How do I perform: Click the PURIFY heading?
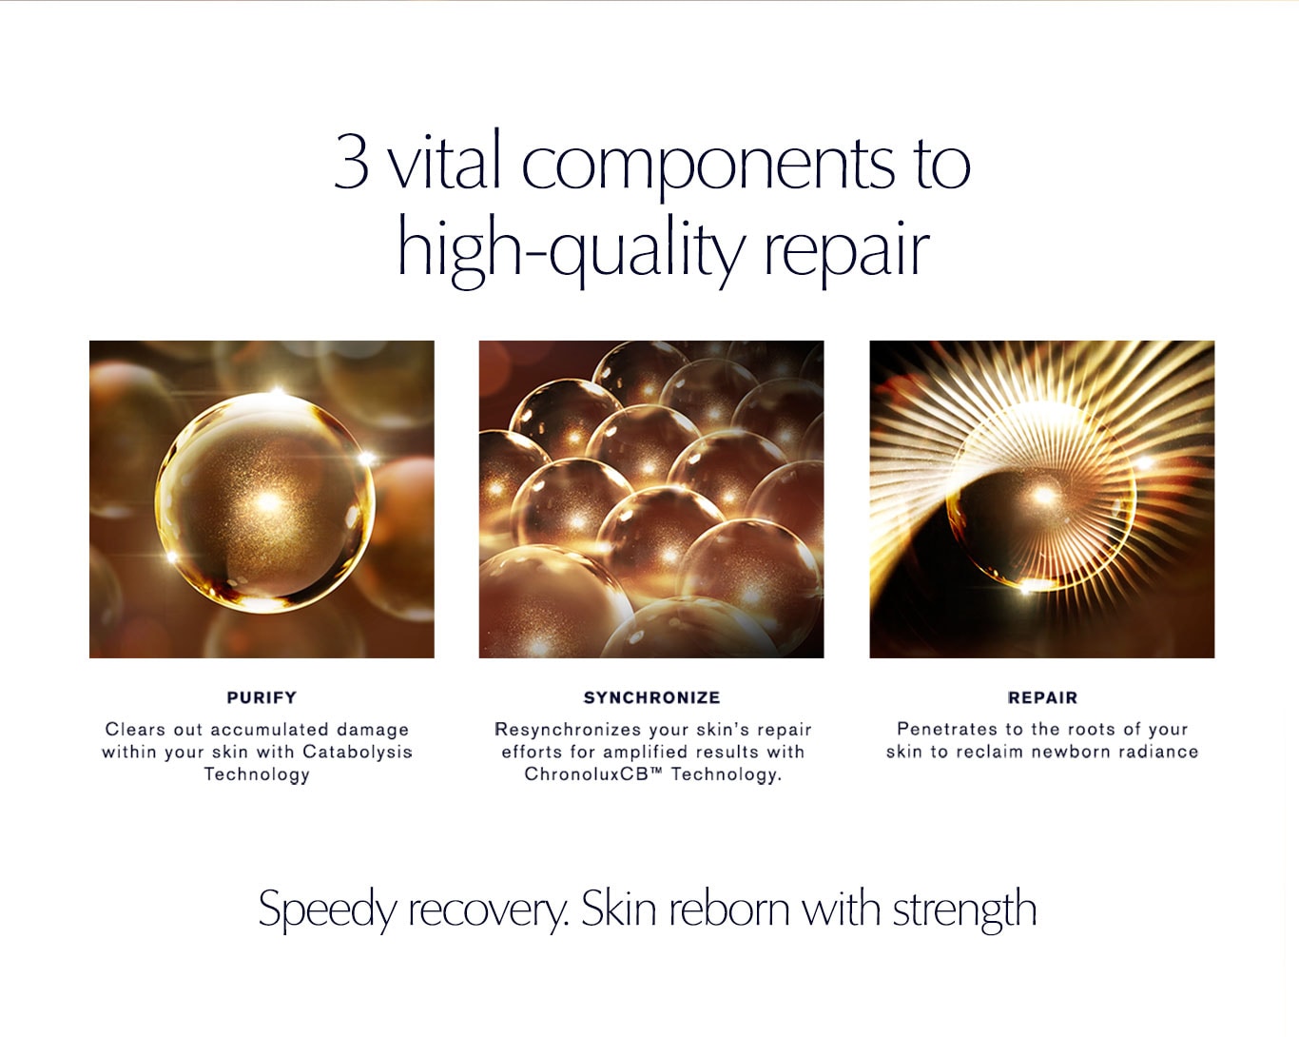tap(262, 697)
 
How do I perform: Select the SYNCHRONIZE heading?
tap(652, 697)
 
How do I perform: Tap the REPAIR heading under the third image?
tap(1042, 697)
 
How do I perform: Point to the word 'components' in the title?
tap(708, 166)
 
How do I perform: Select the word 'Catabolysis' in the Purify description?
tap(358, 752)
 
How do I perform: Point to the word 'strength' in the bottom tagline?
tap(964, 909)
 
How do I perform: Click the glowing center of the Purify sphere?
tap(269, 501)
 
